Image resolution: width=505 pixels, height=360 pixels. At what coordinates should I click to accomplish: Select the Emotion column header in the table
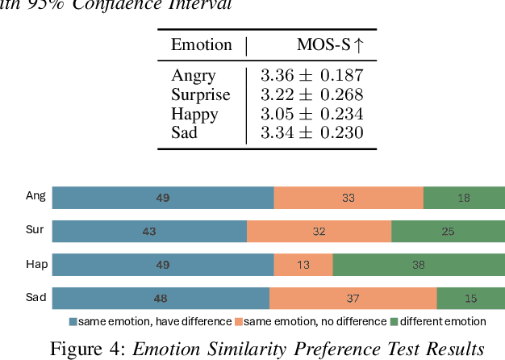[x=201, y=45]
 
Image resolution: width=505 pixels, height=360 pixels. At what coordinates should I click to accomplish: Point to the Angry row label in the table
[x=193, y=76]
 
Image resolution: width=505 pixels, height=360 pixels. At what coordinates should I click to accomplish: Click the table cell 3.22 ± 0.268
[x=311, y=95]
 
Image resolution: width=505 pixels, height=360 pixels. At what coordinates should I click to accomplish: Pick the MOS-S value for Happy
[x=311, y=114]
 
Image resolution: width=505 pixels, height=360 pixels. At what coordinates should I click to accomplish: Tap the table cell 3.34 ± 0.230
[x=311, y=132]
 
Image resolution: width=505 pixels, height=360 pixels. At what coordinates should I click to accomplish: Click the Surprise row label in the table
[x=201, y=95]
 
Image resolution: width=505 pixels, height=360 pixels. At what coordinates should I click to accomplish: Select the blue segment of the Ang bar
[x=163, y=197]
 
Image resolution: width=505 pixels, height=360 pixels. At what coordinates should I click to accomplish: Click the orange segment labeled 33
[x=348, y=197]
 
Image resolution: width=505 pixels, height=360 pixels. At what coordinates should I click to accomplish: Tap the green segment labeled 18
[x=464, y=197]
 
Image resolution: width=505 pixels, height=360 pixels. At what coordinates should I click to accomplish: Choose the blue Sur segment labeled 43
[x=149, y=231]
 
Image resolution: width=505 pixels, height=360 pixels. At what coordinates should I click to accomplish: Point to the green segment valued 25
[x=448, y=231]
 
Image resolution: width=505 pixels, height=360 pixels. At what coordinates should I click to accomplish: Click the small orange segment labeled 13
[x=303, y=265]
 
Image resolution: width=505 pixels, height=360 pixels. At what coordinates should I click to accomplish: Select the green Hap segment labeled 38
[x=419, y=265]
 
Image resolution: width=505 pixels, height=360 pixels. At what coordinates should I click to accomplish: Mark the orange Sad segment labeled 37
[x=353, y=299]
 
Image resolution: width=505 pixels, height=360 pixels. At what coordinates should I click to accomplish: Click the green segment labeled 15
[x=471, y=299]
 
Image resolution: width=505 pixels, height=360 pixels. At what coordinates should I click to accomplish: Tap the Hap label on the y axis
[x=35, y=264]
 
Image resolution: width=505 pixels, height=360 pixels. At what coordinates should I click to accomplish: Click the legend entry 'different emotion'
[x=443, y=321]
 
